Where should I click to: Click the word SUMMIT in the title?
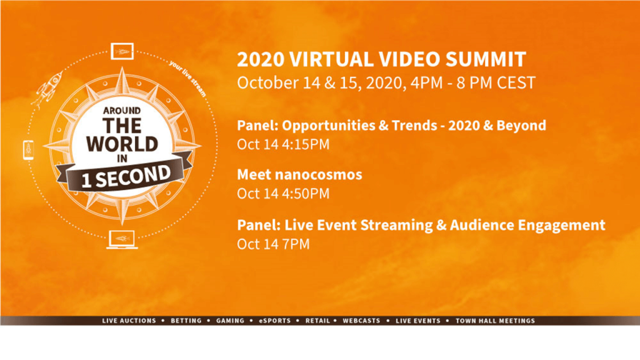[x=485, y=59]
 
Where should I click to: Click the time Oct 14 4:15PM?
[x=283, y=144]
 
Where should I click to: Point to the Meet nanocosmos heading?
[x=299, y=175]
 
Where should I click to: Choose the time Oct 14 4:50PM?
[x=283, y=194]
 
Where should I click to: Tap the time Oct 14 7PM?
[x=274, y=244]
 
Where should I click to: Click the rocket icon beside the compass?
[x=47, y=89]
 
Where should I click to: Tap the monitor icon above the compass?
[x=122, y=51]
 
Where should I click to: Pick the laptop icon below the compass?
[x=122, y=239]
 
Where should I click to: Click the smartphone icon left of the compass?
[x=29, y=150]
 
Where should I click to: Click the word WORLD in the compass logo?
[x=122, y=144]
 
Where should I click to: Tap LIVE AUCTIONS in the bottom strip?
[x=129, y=321]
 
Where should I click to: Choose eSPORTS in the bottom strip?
[x=275, y=321]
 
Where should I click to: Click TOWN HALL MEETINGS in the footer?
[x=495, y=321]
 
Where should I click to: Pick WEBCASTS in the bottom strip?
[x=361, y=321]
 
